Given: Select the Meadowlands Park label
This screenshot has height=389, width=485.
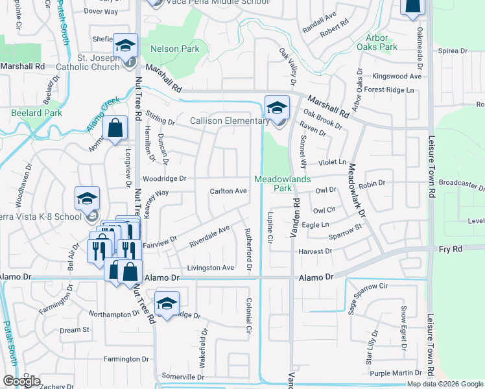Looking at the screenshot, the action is point(282,183).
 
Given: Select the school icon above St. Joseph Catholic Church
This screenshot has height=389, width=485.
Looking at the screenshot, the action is point(125,46).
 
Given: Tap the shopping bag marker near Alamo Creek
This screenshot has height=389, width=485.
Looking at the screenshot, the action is point(115,128).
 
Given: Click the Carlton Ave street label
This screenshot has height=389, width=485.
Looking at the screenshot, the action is point(228,191).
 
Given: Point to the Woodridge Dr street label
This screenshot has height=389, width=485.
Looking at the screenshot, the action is point(165,178).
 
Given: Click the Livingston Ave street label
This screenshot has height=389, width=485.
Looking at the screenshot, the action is point(210,268).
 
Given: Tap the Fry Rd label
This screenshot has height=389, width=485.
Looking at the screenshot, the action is point(451,248).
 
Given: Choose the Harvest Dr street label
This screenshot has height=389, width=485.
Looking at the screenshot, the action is point(315,251).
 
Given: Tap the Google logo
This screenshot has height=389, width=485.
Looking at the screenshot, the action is point(21,381).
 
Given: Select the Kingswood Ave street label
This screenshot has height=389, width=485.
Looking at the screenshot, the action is point(392,77).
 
